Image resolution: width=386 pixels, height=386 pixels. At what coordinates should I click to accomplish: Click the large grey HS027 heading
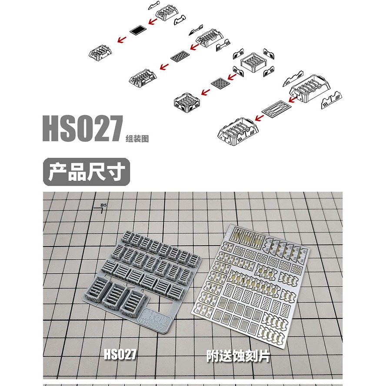(82, 129)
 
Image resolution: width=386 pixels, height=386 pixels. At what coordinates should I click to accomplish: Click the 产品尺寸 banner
(87, 172)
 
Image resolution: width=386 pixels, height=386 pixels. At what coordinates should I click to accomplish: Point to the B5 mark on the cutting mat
(103, 206)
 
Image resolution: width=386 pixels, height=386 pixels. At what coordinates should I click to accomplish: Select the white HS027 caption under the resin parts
(120, 354)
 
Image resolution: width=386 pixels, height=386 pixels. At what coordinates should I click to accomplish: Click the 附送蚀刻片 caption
(238, 356)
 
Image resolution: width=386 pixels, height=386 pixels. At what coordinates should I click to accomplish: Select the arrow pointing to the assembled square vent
(203, 93)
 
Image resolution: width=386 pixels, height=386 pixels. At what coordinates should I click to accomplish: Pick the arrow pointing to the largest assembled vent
(260, 116)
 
